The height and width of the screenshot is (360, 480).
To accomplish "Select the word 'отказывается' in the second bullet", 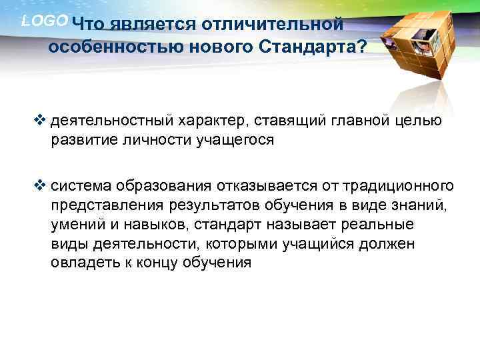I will click(x=259, y=185).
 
